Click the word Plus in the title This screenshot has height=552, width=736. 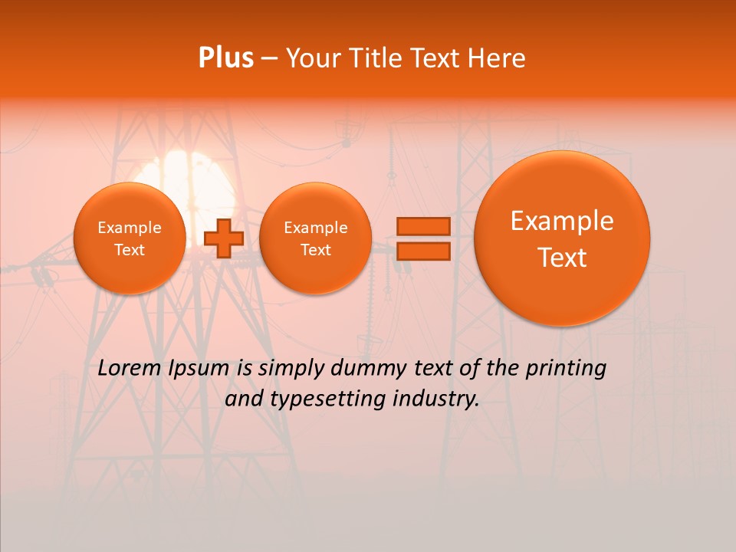(225, 58)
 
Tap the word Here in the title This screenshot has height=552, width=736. (498, 58)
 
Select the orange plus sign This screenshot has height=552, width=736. (224, 238)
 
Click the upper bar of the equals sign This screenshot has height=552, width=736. (422, 226)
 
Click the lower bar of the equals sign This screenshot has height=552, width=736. (422, 251)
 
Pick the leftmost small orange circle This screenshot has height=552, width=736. (130, 238)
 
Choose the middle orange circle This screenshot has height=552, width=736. (315, 238)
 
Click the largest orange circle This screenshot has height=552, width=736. (562, 238)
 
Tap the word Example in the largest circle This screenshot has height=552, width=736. (562, 221)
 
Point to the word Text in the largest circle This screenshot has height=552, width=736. (562, 258)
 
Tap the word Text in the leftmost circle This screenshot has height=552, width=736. (130, 250)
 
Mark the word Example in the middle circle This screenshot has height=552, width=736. (315, 228)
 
